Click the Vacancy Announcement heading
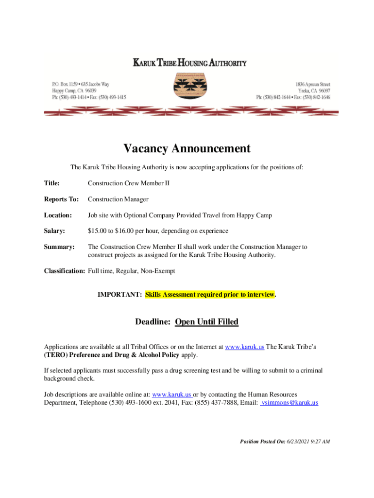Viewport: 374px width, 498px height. (187, 148)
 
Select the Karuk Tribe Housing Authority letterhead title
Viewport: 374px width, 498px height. (190, 63)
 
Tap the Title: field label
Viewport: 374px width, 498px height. (52, 183)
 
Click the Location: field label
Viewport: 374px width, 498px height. (58, 215)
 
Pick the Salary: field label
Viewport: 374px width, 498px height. (54, 231)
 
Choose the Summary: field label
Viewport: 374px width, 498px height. (59, 247)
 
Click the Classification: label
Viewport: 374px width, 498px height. (65, 271)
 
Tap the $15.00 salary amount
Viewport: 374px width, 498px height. (97, 231)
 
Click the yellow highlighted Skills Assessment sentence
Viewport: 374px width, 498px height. (210, 295)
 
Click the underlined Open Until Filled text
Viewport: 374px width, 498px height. (206, 322)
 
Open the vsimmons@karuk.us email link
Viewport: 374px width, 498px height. (290, 403)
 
